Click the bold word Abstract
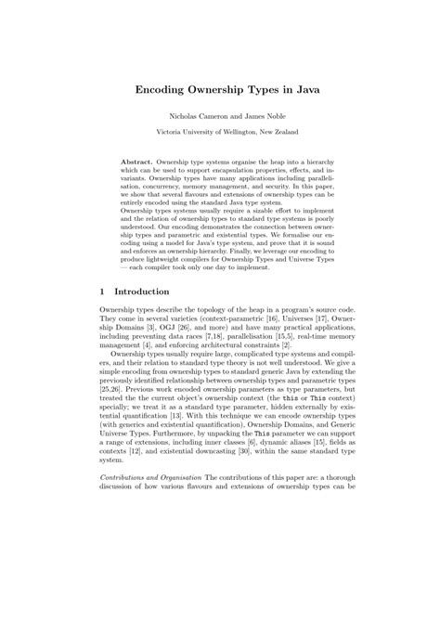tap(137, 161)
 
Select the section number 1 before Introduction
tap(102, 316)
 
